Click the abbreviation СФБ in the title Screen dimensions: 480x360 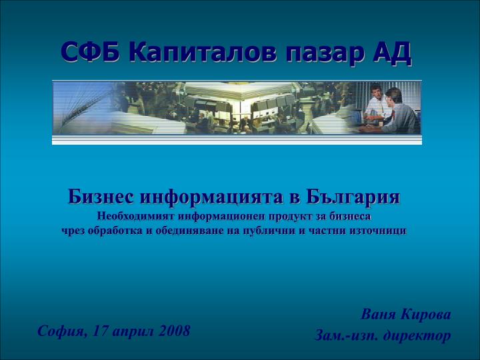coord(91,52)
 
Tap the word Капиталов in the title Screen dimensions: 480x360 coord(203,52)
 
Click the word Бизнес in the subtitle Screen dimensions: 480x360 coord(101,196)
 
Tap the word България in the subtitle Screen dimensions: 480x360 coord(353,197)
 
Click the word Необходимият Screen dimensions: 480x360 coord(135,216)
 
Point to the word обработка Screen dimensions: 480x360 coord(115,230)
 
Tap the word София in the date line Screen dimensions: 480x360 coord(63,331)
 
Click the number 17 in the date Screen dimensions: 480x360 coord(101,331)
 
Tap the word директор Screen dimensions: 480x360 coord(417,335)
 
